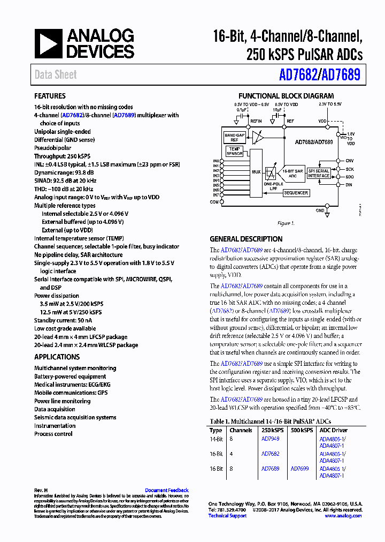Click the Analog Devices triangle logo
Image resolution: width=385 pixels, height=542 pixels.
pyautogui.click(x=49, y=44)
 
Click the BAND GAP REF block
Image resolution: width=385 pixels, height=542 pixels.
pyautogui.click(x=234, y=138)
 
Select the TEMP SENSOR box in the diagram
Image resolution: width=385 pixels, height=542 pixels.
pyautogui.click(x=234, y=151)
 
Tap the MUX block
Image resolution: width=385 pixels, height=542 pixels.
pyautogui.click(x=256, y=172)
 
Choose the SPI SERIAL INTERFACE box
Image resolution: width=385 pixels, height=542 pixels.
pyautogui.click(x=319, y=173)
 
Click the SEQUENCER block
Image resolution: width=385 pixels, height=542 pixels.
pyautogui.click(x=296, y=192)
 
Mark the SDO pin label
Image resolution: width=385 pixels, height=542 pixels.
pyautogui.click(x=350, y=177)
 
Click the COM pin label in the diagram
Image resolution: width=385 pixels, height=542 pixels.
pyautogui.click(x=215, y=201)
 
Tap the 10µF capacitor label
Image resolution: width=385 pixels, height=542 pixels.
pyautogui.click(x=277, y=109)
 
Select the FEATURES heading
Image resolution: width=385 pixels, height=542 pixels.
pyautogui.click(x=50, y=96)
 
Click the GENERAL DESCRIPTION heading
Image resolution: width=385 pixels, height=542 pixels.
pyautogui.click(x=246, y=239)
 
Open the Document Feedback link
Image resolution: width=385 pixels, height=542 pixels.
pyautogui.click(x=166, y=490)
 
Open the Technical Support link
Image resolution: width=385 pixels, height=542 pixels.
pyautogui.click(x=227, y=516)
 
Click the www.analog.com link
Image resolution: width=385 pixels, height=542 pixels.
pyautogui.click(x=343, y=516)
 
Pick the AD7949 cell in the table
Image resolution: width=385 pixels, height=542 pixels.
pyautogui.click(x=270, y=439)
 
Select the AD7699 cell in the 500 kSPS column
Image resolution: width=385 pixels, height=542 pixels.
pyautogui.click(x=299, y=469)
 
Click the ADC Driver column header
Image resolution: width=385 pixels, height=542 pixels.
pyautogui.click(x=333, y=430)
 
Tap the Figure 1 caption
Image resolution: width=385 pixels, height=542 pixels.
pyautogui.click(x=285, y=223)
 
